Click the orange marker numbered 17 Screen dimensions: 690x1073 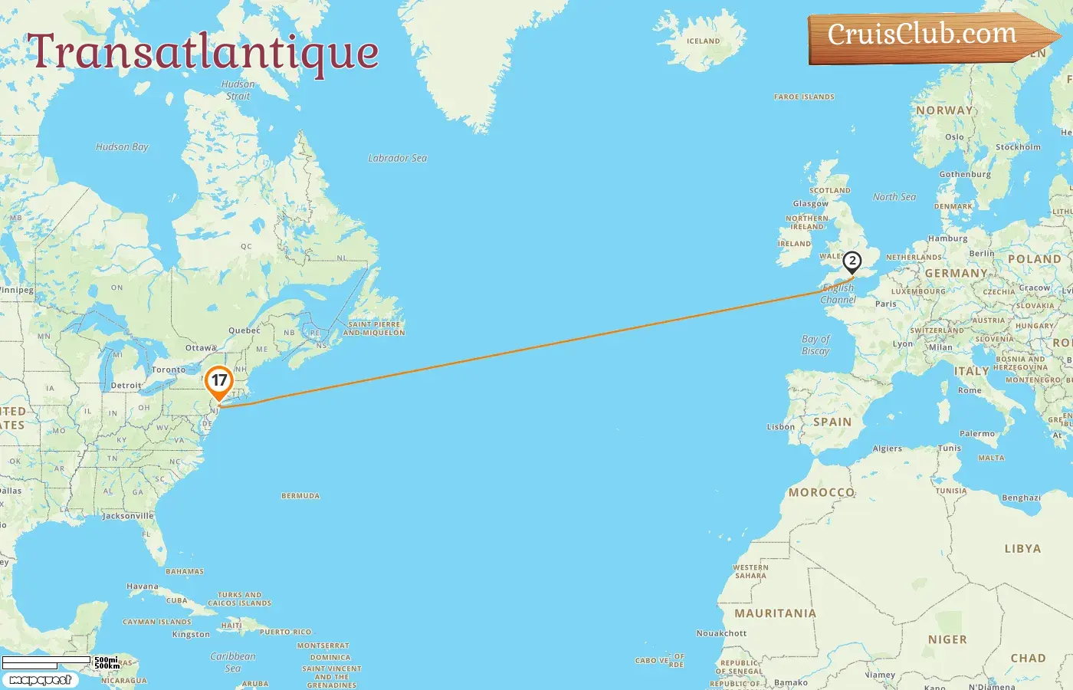click(x=219, y=380)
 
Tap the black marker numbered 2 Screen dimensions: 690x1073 click(x=852, y=261)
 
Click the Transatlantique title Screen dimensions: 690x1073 click(x=203, y=52)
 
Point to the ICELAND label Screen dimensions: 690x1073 click(x=703, y=41)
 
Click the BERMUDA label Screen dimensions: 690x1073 click(x=300, y=496)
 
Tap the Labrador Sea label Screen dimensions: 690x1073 click(x=397, y=158)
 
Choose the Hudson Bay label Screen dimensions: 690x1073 click(x=122, y=146)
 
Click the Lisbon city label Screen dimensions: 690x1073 click(x=780, y=427)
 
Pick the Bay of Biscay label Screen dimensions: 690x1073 click(x=815, y=345)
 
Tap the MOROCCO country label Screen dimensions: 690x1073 click(x=821, y=492)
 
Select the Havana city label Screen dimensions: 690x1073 click(x=143, y=586)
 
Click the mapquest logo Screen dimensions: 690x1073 click(x=41, y=680)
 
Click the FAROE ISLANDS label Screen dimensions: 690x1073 click(x=804, y=97)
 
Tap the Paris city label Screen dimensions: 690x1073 click(x=885, y=304)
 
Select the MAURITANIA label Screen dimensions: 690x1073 click(x=775, y=613)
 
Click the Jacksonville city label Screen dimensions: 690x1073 click(x=128, y=516)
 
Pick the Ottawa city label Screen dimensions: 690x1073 click(x=201, y=348)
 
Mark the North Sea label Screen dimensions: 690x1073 click(x=894, y=197)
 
